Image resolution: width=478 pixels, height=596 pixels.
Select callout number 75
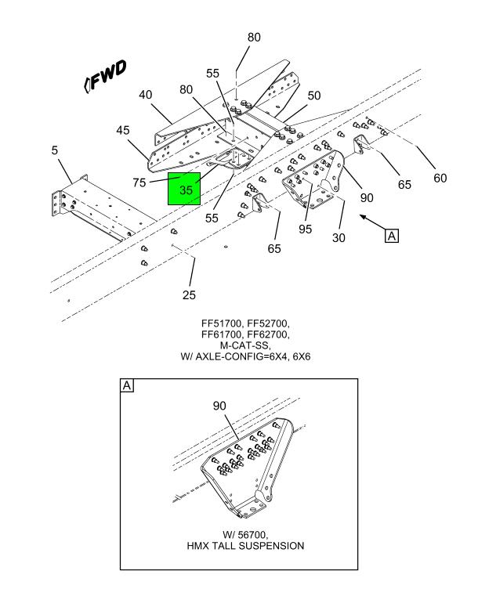coord(140,183)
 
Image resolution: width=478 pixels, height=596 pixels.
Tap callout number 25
coord(189,295)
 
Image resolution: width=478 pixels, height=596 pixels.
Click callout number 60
coord(440,178)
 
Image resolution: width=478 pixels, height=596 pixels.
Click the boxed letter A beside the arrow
coord(392,235)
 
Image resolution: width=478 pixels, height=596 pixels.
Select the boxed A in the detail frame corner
coord(126,385)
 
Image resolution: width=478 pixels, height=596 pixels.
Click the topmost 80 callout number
coord(254,37)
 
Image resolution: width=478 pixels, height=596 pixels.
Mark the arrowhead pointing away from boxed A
coord(363,220)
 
